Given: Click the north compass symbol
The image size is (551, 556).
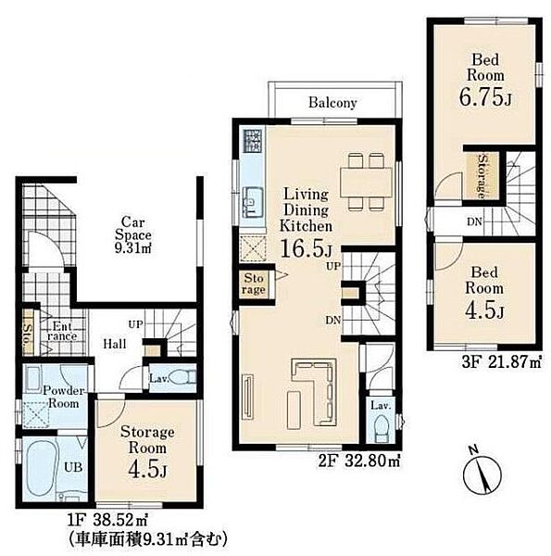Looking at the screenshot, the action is (x=482, y=474).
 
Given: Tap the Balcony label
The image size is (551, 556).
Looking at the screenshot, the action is (x=332, y=103).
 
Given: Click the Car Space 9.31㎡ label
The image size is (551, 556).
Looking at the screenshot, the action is (x=132, y=234).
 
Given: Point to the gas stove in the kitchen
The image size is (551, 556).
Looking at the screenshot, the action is (x=253, y=141).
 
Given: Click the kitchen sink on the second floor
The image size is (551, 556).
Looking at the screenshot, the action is (x=252, y=202).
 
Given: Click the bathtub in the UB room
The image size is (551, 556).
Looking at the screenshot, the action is (x=39, y=468).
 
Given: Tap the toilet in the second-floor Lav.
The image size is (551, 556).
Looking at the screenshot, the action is (x=381, y=428).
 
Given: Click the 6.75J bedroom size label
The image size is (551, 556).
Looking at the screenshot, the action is (x=486, y=96).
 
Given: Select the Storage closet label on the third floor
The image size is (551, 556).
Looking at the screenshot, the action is (x=482, y=176).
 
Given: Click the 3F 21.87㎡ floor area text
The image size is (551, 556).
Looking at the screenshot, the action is (x=502, y=362).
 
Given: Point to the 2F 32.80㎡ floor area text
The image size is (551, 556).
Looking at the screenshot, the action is (x=359, y=461).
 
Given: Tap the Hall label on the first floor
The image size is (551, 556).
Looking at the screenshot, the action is (x=115, y=344).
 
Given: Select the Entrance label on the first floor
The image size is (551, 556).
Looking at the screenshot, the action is (x=62, y=331).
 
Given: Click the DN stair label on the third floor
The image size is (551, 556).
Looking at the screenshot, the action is (x=474, y=221).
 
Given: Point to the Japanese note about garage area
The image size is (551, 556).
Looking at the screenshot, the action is (x=147, y=540).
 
